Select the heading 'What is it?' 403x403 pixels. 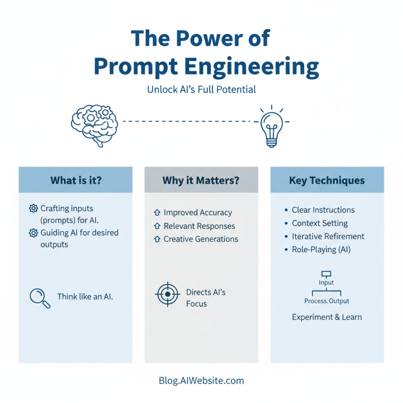pyautogui.click(x=76, y=180)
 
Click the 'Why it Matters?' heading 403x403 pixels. pyautogui.click(x=201, y=180)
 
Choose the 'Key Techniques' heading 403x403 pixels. pyautogui.click(x=327, y=180)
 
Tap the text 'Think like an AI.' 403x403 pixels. pyautogui.click(x=85, y=297)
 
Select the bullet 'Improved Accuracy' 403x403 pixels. pyautogui.click(x=197, y=213)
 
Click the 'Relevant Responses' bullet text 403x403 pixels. pyautogui.click(x=199, y=226)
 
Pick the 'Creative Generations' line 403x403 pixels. pyautogui.click(x=200, y=239)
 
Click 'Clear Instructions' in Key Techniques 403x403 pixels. pyautogui.click(x=323, y=210)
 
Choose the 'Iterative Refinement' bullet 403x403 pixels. pyautogui.click(x=328, y=236)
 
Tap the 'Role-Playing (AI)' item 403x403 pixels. pyautogui.click(x=321, y=249)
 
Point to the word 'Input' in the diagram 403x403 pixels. pyautogui.click(x=326, y=283)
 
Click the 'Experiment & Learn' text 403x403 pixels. pyautogui.click(x=327, y=317)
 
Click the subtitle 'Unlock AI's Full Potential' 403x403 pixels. pyautogui.click(x=201, y=90)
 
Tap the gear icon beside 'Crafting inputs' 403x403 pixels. pyautogui.click(x=33, y=209)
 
